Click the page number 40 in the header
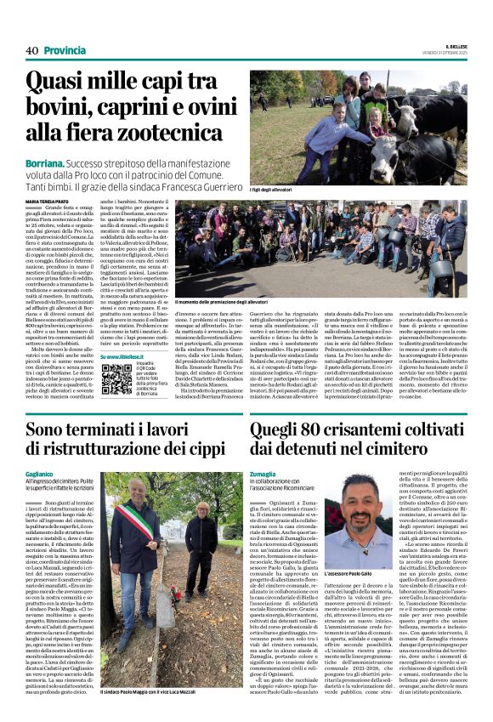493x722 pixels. [x=31, y=50]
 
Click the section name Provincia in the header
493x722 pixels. [x=65, y=50]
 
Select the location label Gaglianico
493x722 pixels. [x=40, y=474]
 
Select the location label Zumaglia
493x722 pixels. [x=264, y=474]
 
